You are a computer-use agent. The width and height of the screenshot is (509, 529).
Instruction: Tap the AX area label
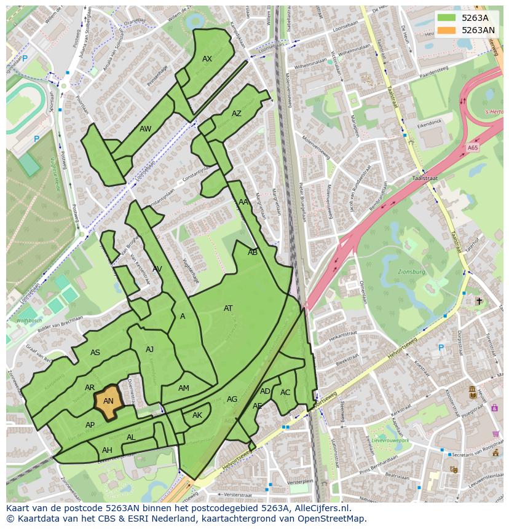[x=207, y=59]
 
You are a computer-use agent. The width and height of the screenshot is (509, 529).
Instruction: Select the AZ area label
[x=237, y=114]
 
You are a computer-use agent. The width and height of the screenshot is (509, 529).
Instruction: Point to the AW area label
[x=145, y=129]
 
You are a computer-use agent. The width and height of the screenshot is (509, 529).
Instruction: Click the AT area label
[x=228, y=308]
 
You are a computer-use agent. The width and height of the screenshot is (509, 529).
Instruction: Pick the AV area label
[x=157, y=269]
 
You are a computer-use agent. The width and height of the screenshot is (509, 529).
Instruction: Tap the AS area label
[x=95, y=353]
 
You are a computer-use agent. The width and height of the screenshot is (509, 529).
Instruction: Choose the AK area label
[x=197, y=415]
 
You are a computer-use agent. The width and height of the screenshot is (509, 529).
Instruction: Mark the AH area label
[x=107, y=450]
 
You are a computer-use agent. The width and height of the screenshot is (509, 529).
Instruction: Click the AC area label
[x=285, y=393]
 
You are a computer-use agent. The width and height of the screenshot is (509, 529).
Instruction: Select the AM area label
[x=184, y=388]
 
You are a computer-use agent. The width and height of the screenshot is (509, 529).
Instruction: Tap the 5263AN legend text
[x=478, y=30]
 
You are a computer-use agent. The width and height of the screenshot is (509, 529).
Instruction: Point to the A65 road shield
[x=472, y=148]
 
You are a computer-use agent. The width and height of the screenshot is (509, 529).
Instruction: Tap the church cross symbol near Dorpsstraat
[x=479, y=301]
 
